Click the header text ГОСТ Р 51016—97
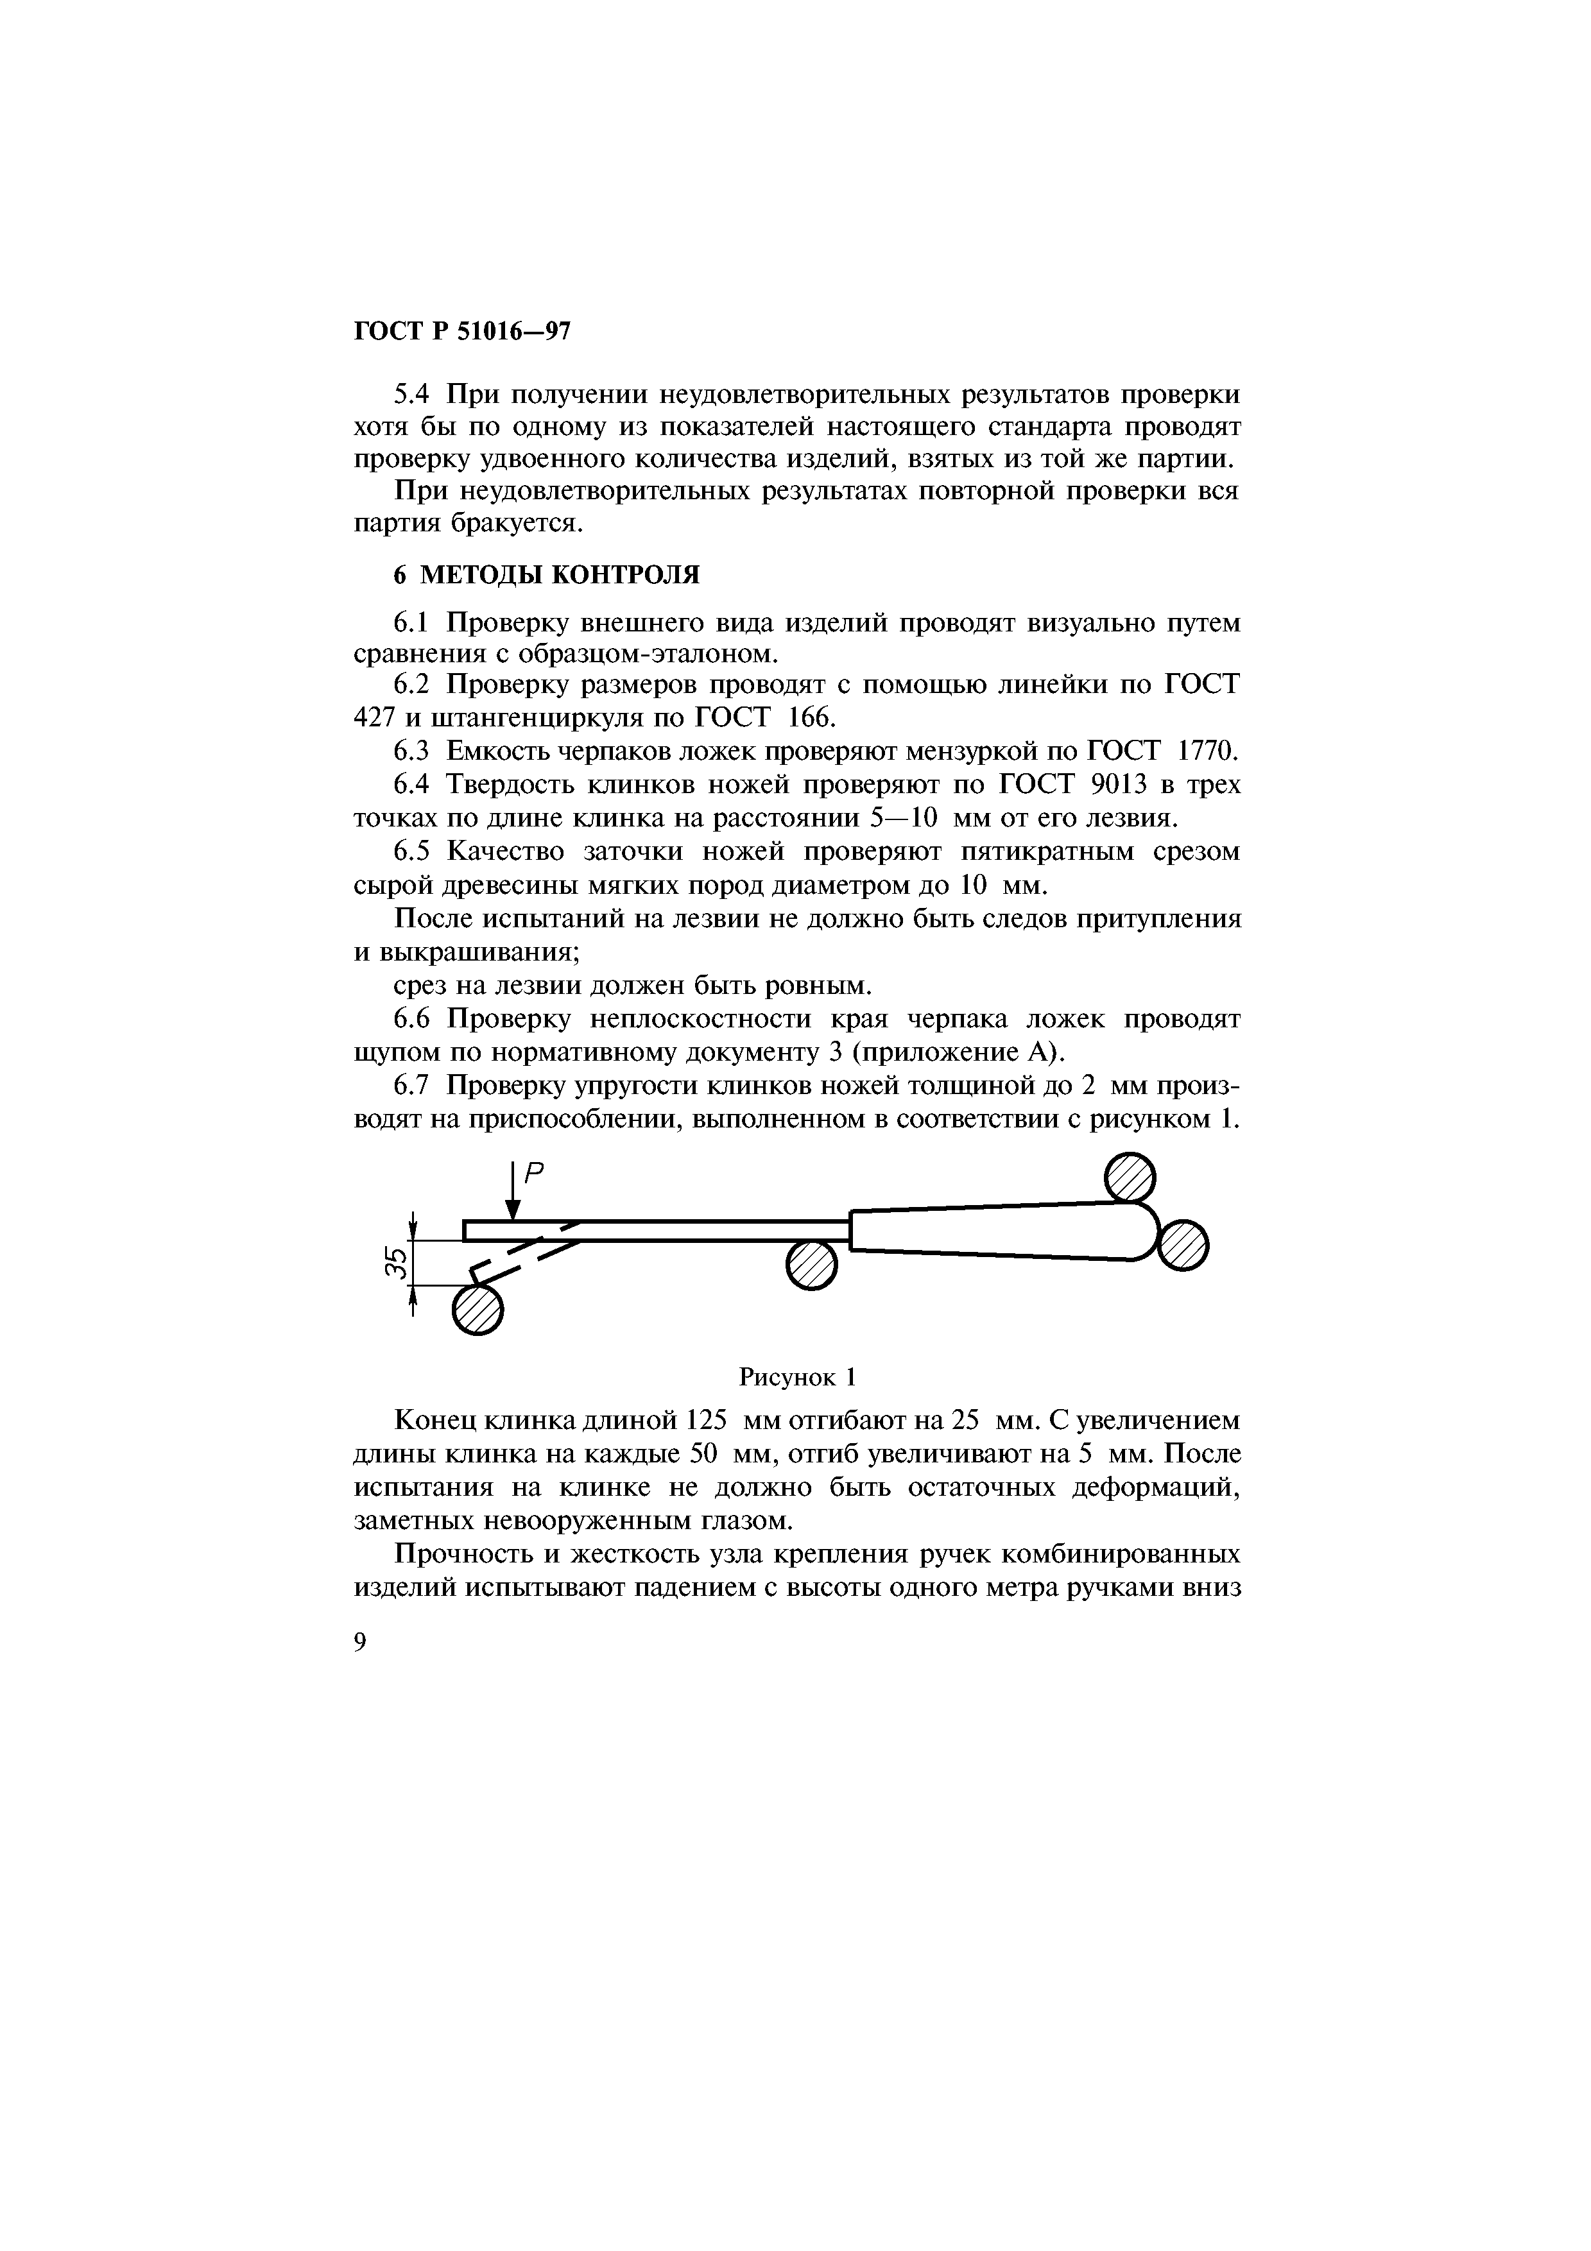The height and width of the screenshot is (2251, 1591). click(x=461, y=332)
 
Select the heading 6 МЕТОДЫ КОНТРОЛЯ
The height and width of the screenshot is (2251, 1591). click(x=546, y=574)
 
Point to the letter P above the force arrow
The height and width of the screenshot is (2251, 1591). click(x=534, y=1172)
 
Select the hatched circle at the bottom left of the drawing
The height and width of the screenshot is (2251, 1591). click(x=477, y=1309)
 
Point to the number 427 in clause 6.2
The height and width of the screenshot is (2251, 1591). click(x=372, y=717)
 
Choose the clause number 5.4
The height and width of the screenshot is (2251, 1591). click(x=412, y=395)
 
